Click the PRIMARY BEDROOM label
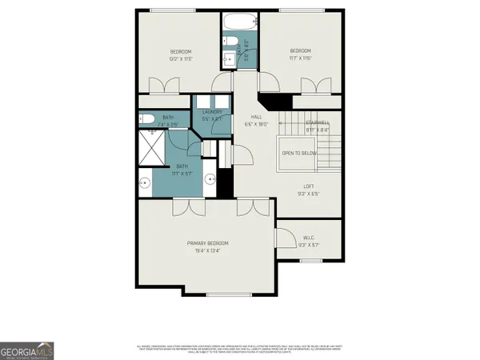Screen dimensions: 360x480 point(207,243)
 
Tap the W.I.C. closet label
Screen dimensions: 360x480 point(309,237)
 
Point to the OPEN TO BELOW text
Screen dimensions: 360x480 point(299,153)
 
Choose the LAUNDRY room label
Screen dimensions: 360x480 point(211,112)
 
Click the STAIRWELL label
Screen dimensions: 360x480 point(318,122)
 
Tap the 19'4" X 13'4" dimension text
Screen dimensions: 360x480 point(207,250)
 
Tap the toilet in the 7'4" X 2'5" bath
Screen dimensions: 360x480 point(147,120)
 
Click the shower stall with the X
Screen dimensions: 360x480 point(152,148)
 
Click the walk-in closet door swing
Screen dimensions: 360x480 point(283,237)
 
